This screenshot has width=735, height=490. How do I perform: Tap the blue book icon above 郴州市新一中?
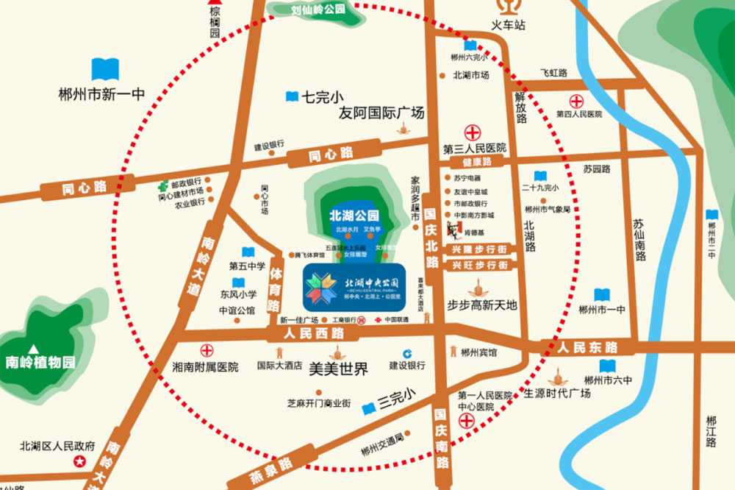[x=104, y=70]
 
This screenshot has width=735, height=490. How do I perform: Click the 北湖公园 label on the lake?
[x=354, y=216]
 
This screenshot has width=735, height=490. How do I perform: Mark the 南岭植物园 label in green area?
[x=40, y=362]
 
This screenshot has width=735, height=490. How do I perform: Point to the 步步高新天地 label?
[x=482, y=305]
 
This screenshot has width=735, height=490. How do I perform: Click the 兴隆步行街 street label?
[x=478, y=249]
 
